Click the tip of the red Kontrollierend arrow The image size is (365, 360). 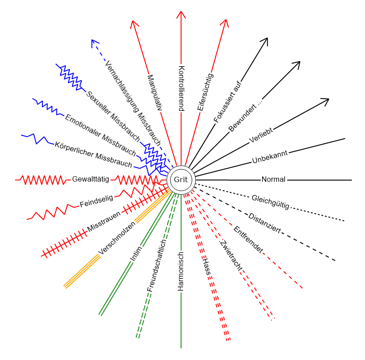pos(181,11)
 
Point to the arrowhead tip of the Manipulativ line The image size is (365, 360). pos(133,21)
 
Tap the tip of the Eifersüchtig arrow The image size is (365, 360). pos(226,19)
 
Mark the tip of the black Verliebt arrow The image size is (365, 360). pos(329,99)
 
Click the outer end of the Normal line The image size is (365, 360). pos(351,180)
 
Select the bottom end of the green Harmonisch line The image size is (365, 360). pos(181,348)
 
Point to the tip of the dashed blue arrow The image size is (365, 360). pos(92,40)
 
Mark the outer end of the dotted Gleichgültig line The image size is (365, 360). pos(344,221)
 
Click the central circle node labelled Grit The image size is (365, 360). pos(181,180)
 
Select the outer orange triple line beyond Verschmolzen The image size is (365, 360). pos(82,271)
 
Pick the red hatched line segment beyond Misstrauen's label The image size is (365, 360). pos(65,243)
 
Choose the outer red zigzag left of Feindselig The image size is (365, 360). pos(53,212)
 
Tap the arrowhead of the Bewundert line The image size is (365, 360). pos(297,65)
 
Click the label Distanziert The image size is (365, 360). pos(264,223)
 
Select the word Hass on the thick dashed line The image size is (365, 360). pos(207,267)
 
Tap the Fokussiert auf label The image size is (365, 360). pos(228,101)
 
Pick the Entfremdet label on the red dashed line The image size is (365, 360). pos(248,239)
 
